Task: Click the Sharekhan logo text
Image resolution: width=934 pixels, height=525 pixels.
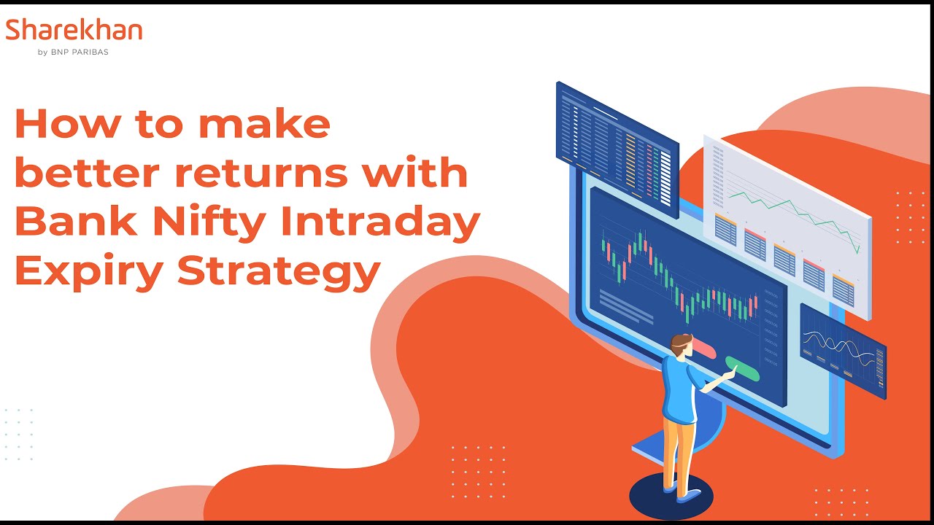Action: [74, 31]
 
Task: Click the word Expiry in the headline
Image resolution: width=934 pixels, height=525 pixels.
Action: [88, 271]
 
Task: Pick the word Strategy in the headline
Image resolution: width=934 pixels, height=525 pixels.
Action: [279, 271]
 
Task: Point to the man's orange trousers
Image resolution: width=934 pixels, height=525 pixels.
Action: [678, 452]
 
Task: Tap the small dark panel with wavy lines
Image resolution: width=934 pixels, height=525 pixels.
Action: [842, 350]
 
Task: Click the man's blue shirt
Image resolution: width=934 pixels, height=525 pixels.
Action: [679, 390]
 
